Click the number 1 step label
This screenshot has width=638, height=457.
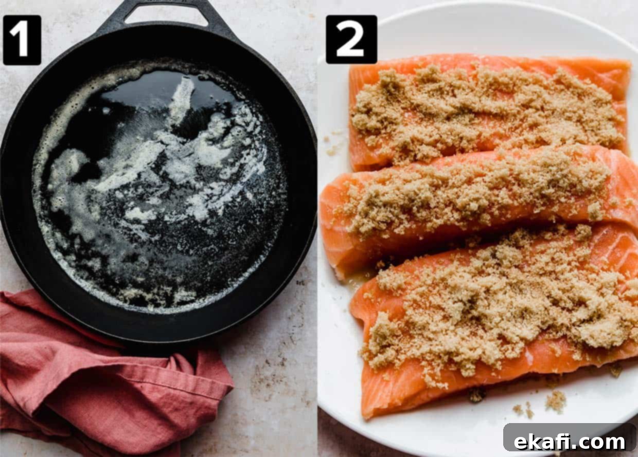22,40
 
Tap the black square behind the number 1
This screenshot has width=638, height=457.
22,40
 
